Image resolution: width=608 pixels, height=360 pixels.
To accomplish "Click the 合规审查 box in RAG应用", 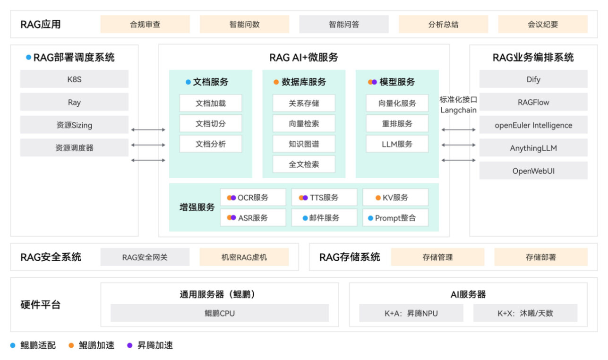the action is pos(145,24).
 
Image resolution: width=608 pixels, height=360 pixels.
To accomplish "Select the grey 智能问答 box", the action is pos(344,24).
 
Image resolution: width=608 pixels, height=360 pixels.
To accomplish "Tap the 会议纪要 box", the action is pos(543,24).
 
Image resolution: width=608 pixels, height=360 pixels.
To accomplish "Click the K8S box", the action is pos(74,79).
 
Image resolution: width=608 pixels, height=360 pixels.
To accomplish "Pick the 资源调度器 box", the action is pos(74,148).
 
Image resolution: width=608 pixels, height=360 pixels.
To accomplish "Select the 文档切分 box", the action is pos(211,123).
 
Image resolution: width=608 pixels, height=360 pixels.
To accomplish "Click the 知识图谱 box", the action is pos(304,144).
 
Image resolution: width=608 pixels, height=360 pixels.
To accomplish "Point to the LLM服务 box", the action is pos(397,144).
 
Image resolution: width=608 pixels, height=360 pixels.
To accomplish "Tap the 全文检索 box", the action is pos(304,164).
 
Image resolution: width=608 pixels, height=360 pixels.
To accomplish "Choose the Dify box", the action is pos(533,79).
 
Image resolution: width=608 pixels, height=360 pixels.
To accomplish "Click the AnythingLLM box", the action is pos(533,148).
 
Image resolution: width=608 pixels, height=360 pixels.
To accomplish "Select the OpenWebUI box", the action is pos(533,171).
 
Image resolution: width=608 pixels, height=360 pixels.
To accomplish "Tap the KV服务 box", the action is pos(395,197).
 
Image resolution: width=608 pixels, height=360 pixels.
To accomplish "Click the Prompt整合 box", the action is pos(395,218).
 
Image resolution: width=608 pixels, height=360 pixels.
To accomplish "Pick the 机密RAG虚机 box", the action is pos(244,257).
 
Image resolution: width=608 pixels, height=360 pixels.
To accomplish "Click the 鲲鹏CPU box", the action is pos(220,313).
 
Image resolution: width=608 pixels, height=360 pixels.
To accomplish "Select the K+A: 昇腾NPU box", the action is pos(411,313).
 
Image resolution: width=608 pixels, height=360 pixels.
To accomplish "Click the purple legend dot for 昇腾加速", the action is pos(130,345).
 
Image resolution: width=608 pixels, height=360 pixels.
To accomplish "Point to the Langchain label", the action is pos(458,110).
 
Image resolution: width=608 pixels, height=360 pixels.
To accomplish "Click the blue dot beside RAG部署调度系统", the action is pos(28,57).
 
